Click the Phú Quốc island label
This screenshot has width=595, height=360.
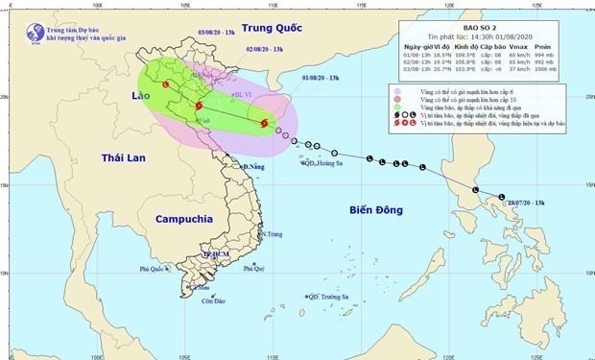point(151,269)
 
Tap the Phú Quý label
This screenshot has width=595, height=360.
point(253,269)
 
